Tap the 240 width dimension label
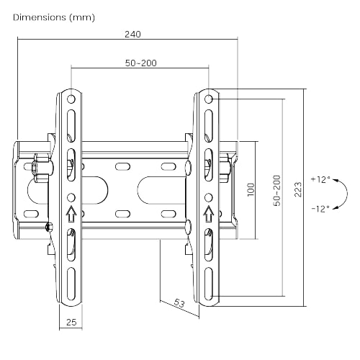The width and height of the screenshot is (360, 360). [132, 34]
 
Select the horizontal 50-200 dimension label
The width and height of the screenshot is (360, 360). [140, 63]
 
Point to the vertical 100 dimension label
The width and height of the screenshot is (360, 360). [251, 189]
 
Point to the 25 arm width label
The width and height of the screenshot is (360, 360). [71, 323]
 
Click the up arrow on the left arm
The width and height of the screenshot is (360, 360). [71, 214]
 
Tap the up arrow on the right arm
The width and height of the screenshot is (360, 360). [208, 214]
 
